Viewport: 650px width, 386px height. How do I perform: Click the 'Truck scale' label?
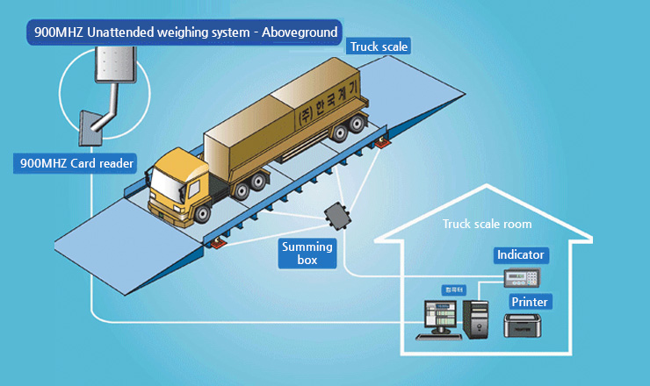click(379, 46)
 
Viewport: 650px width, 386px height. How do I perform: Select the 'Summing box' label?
click(307, 253)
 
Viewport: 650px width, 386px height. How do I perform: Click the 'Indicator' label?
click(521, 255)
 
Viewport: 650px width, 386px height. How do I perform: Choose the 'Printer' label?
click(530, 302)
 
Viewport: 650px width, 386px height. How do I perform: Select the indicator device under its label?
click(522, 278)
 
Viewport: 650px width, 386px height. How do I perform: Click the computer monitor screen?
click(440, 317)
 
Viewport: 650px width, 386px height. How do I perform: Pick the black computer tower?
click(477, 319)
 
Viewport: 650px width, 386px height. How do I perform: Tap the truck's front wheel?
click(205, 213)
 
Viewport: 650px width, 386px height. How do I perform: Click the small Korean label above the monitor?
click(452, 289)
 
